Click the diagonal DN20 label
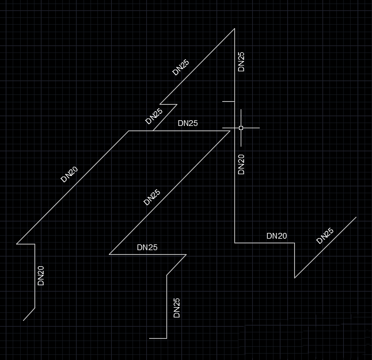coord(69,174)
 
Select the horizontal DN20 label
coord(276,236)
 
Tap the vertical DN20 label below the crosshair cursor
coord(241,164)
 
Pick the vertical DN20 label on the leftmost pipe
coord(41,275)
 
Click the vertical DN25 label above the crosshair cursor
coord(241,62)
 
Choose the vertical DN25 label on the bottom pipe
coord(177,308)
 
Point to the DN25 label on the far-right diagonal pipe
coord(325,236)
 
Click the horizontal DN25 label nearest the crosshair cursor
coord(188,123)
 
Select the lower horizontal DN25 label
coord(147,248)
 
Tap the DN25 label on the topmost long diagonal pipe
coord(181,68)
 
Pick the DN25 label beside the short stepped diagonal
coord(154,117)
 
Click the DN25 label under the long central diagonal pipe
coord(151,198)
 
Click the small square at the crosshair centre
coord(241,128)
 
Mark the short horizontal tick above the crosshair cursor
coord(229,101)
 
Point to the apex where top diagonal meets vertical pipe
coord(234,28)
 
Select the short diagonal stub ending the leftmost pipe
coord(29,314)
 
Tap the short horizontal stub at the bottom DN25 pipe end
coord(158,338)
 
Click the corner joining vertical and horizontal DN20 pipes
coord(235,243)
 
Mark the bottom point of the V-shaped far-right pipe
coord(295,278)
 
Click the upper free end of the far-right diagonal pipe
coord(356,217)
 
